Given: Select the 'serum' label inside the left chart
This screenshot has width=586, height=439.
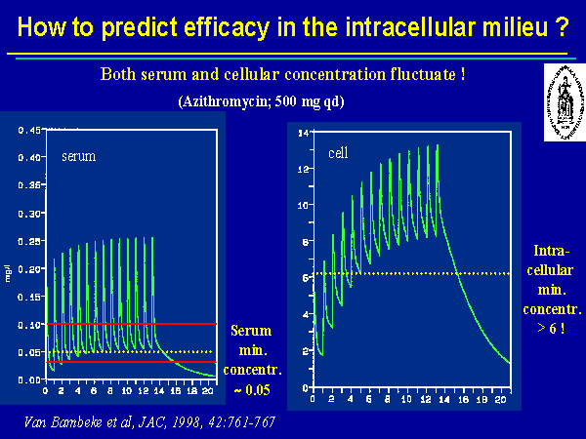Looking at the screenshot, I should (x=77, y=156).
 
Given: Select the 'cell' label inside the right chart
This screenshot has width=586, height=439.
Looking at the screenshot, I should (x=338, y=152).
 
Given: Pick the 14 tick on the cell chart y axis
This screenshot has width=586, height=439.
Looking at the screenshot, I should (x=303, y=132).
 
